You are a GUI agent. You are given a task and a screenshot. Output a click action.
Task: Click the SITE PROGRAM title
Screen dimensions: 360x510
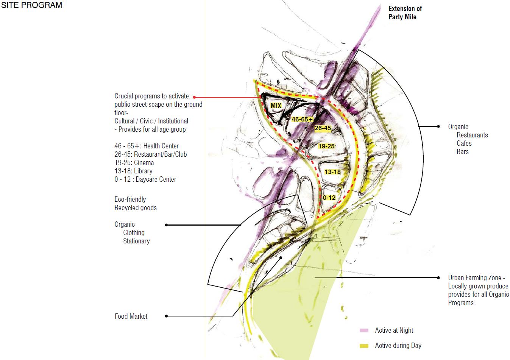(x=31, y=5)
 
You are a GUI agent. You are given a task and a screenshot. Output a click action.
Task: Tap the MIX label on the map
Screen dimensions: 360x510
(x=276, y=106)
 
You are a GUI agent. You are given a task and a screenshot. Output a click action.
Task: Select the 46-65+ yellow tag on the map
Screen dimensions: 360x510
(x=302, y=119)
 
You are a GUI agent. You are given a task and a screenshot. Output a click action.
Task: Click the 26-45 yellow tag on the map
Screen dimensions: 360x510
(x=323, y=128)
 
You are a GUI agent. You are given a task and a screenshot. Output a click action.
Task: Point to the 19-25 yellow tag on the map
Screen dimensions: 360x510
(x=326, y=146)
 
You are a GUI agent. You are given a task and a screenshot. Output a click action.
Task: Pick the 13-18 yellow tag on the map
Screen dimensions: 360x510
(x=332, y=172)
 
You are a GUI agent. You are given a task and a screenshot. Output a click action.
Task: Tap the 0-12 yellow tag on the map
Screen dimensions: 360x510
(x=329, y=198)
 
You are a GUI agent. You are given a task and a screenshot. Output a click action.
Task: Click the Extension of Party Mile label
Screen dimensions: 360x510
(x=405, y=12)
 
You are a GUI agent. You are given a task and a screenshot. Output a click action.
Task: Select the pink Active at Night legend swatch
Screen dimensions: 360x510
(x=364, y=330)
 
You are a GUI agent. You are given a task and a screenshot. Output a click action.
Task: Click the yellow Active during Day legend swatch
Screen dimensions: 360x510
(x=364, y=346)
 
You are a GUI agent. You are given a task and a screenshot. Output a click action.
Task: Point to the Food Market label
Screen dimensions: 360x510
(x=131, y=316)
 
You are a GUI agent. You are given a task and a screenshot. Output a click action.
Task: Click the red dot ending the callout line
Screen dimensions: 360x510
(x=194, y=97)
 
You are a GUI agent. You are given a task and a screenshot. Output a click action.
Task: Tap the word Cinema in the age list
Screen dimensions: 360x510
(x=144, y=163)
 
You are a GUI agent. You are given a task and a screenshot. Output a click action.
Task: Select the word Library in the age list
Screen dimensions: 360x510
(x=143, y=171)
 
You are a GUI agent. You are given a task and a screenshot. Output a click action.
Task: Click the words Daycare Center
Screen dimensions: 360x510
(x=156, y=179)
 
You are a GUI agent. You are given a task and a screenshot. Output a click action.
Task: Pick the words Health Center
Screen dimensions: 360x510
(x=161, y=146)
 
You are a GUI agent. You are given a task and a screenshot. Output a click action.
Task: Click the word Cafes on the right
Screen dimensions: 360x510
(x=464, y=143)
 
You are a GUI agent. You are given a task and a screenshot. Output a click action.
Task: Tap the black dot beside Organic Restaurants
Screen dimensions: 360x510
(x=438, y=126)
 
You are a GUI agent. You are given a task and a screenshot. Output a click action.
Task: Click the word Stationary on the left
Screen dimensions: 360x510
(x=136, y=241)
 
